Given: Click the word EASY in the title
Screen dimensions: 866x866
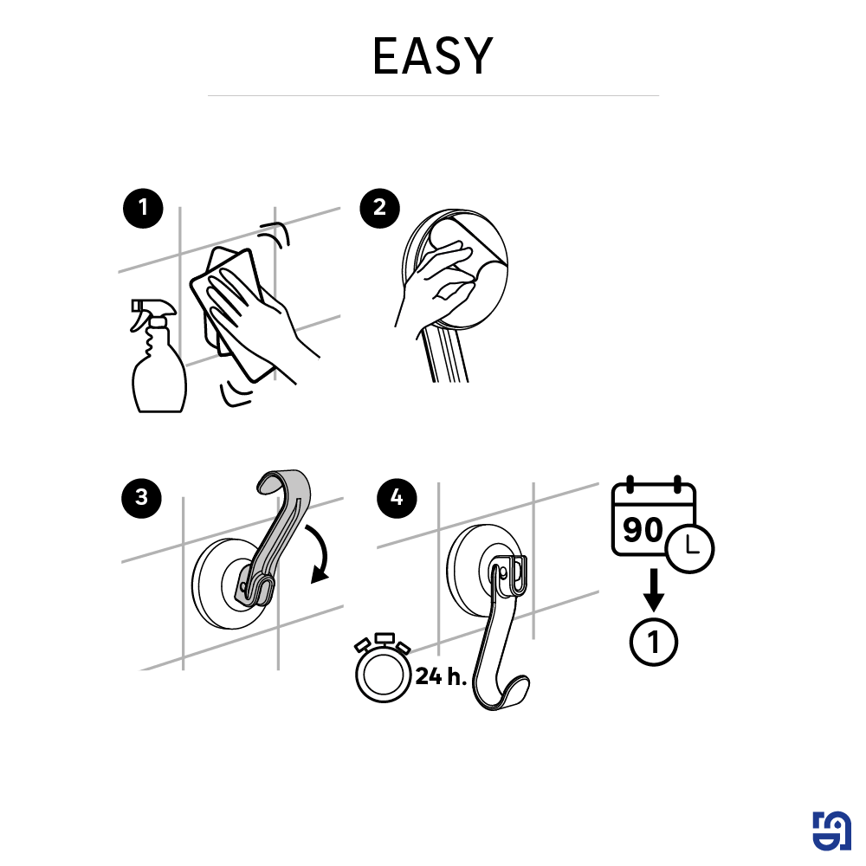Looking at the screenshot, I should pos(432,56).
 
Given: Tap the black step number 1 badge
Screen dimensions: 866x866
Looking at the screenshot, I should pos(143,210).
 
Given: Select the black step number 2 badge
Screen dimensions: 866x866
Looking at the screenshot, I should pos(379,210).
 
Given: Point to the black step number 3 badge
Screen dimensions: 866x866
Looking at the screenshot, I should pos(141,498).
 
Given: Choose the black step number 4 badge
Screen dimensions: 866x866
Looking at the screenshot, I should pos(397,498).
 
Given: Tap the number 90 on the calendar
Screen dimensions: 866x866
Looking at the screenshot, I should pos(643,529).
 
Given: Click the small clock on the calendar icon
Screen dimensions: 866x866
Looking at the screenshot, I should pos(690,546).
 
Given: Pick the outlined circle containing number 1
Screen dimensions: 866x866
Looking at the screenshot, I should pos(654,643).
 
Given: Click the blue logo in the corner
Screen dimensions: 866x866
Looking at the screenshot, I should pos(831,831).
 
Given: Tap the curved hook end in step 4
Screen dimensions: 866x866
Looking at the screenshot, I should pos(511,693).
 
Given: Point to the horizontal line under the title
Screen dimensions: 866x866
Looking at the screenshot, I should pos(433,95).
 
